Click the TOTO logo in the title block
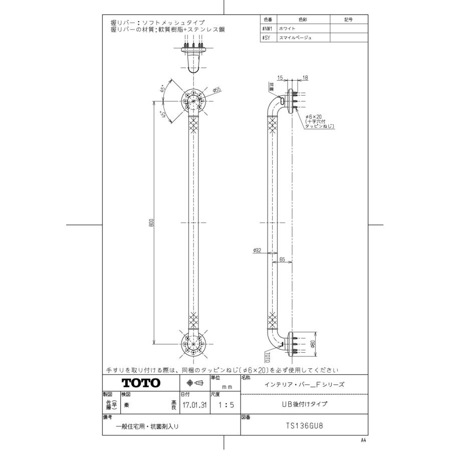141,383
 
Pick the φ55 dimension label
216,90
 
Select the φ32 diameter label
258,251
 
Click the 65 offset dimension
283,260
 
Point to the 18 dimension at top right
306,78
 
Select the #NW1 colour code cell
267,29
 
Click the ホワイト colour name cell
288,29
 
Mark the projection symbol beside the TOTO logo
194,383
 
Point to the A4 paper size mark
363,440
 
